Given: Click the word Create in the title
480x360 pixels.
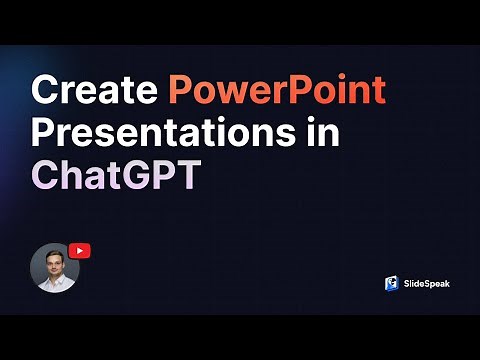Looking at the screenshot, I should pyautogui.click(x=95, y=91).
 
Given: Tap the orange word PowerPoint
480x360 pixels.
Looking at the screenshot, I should pyautogui.click(x=277, y=91).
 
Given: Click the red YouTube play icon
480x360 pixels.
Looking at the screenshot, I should pyautogui.click(x=80, y=251).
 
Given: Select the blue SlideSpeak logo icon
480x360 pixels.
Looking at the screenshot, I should pyautogui.click(x=392, y=283).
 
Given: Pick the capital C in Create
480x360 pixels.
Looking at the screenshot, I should pyautogui.click(x=47, y=91).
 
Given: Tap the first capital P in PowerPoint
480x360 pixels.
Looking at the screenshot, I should pyautogui.click(x=181, y=91).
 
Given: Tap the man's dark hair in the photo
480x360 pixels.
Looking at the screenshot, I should pyautogui.click(x=54, y=249).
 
